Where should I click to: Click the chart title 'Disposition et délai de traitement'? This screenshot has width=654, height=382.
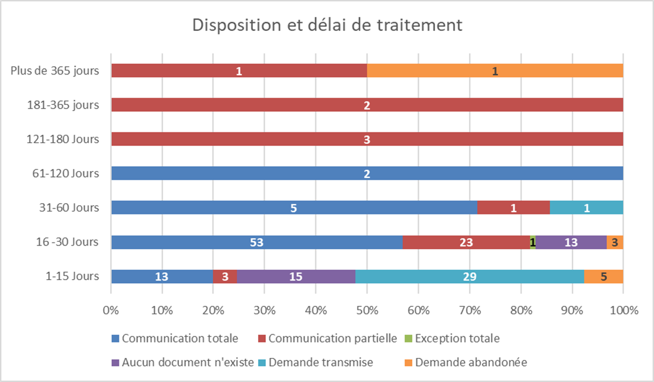327,25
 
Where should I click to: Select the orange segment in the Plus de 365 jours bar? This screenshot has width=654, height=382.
495,71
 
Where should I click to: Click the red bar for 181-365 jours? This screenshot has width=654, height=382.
367,105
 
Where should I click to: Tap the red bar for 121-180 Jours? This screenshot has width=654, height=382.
367,139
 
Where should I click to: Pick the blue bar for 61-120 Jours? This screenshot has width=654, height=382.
367,173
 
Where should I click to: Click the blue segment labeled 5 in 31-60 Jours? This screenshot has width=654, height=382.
294,208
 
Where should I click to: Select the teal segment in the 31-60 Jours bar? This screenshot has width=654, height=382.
586,208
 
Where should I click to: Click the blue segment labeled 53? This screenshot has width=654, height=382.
256,242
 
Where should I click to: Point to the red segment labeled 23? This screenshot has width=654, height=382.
466,242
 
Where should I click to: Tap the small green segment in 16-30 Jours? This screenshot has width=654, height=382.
533,242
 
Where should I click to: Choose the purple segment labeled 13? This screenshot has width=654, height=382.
571,242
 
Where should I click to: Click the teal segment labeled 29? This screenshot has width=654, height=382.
469,277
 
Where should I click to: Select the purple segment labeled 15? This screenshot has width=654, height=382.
296,277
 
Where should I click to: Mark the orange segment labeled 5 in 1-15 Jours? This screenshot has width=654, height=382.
604,277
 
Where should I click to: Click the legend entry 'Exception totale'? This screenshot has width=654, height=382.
457,338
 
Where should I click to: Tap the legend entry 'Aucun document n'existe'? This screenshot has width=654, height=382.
188,362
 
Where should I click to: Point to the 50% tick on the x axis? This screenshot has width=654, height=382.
367,310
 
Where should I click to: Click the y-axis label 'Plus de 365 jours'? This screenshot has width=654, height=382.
55,71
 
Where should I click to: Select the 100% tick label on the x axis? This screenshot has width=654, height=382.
623,310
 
